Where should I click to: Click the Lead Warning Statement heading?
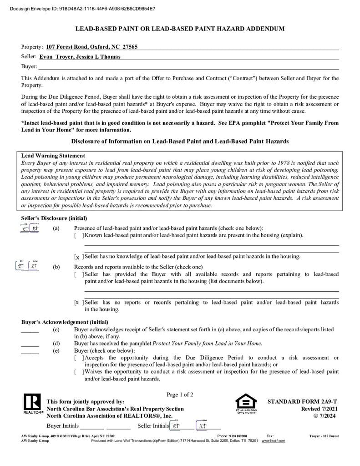tap(53, 156)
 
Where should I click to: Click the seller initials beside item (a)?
tap(30, 228)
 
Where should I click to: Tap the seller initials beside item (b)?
tap(27, 266)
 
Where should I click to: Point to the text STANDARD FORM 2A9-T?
tap(302, 402)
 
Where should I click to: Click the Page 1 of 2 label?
tap(180, 395)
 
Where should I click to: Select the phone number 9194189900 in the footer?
tap(238, 436)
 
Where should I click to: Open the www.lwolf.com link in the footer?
tap(273, 441)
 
